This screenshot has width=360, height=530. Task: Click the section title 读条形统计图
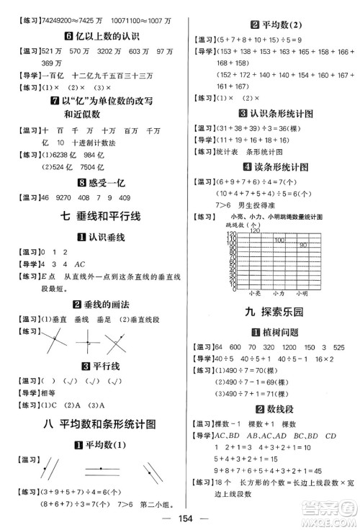[271, 167]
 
